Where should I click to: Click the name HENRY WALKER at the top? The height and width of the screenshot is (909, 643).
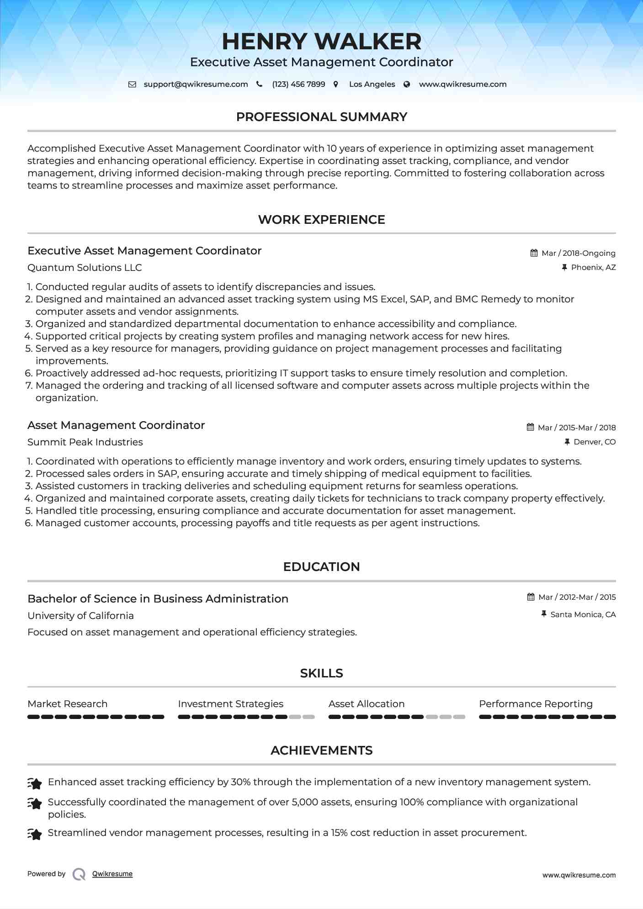point(321,42)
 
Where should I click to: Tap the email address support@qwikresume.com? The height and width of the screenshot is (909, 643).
point(196,84)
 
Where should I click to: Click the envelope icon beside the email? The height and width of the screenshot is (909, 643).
point(132,84)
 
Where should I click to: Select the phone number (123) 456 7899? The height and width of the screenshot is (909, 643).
point(298,84)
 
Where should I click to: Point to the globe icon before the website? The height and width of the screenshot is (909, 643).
point(407,84)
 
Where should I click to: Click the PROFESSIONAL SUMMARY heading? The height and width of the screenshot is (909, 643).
point(321,117)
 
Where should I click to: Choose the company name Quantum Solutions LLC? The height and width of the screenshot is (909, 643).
point(85,268)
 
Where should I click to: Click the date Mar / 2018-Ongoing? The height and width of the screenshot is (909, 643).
point(578,253)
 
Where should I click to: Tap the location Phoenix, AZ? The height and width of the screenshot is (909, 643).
point(593,267)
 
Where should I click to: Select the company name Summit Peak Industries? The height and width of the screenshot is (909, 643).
point(85,442)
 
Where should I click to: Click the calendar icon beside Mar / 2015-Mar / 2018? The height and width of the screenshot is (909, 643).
point(530,427)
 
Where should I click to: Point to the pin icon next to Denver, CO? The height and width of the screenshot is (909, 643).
point(567,442)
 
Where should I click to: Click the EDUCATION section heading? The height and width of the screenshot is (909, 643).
point(321,567)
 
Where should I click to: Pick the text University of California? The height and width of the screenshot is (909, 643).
point(80,616)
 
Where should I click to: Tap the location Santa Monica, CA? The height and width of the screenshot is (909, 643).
point(583,614)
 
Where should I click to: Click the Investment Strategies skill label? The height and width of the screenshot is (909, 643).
point(230,704)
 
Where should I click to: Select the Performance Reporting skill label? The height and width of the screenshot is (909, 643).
point(536,704)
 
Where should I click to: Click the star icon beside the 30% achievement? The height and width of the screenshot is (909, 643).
point(35,783)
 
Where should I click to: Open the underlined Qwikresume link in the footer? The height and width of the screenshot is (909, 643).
point(112,874)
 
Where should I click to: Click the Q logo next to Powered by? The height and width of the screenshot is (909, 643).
point(79,874)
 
